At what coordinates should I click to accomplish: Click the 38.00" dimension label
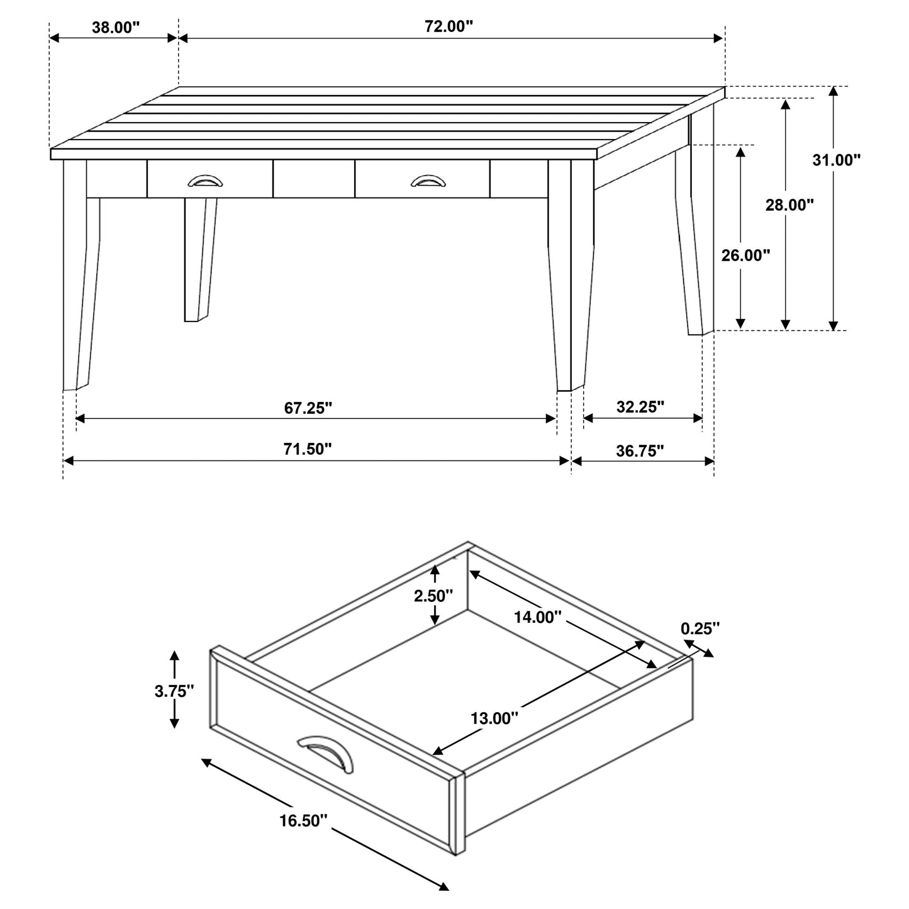pos(115,27)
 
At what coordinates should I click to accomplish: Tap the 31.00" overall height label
pos(836,160)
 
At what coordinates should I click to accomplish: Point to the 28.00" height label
pos(789,204)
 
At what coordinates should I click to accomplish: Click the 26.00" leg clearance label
pos(745,255)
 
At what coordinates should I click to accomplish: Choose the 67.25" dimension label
pos(308,408)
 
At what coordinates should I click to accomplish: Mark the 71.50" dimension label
pos(308,449)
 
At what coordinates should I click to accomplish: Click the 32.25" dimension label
pos(640,407)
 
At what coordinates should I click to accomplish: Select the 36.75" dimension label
pos(640,451)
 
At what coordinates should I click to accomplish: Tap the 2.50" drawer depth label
pos(433,595)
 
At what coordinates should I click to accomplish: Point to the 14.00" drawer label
pos(537,617)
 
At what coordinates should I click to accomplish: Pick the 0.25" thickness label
pos(700,628)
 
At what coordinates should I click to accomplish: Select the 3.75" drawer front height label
pos(174,691)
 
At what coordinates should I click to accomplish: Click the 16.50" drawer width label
pos(304,820)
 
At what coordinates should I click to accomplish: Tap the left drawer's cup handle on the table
pos(205,181)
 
